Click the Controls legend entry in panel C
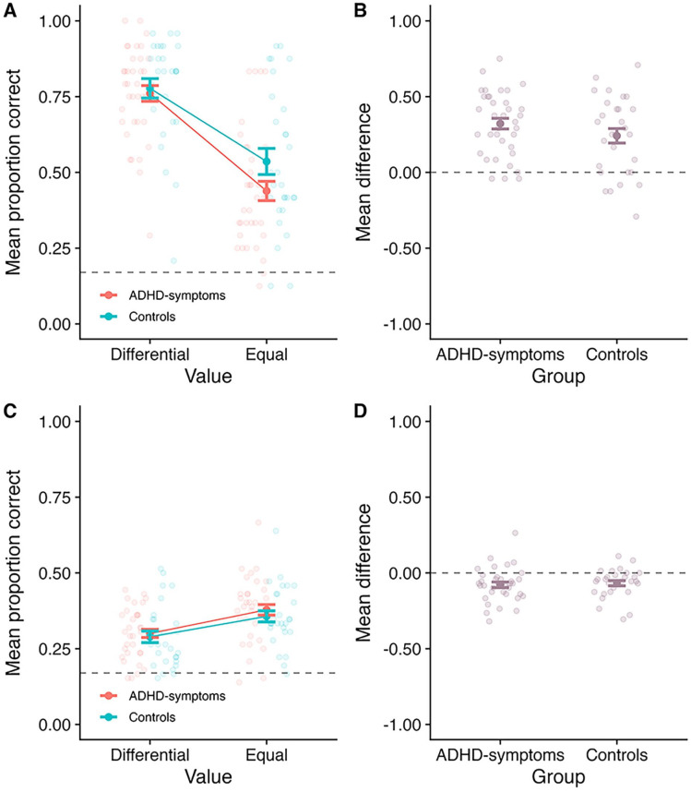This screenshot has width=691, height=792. [x=149, y=715]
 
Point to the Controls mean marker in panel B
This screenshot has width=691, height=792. [x=617, y=136]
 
